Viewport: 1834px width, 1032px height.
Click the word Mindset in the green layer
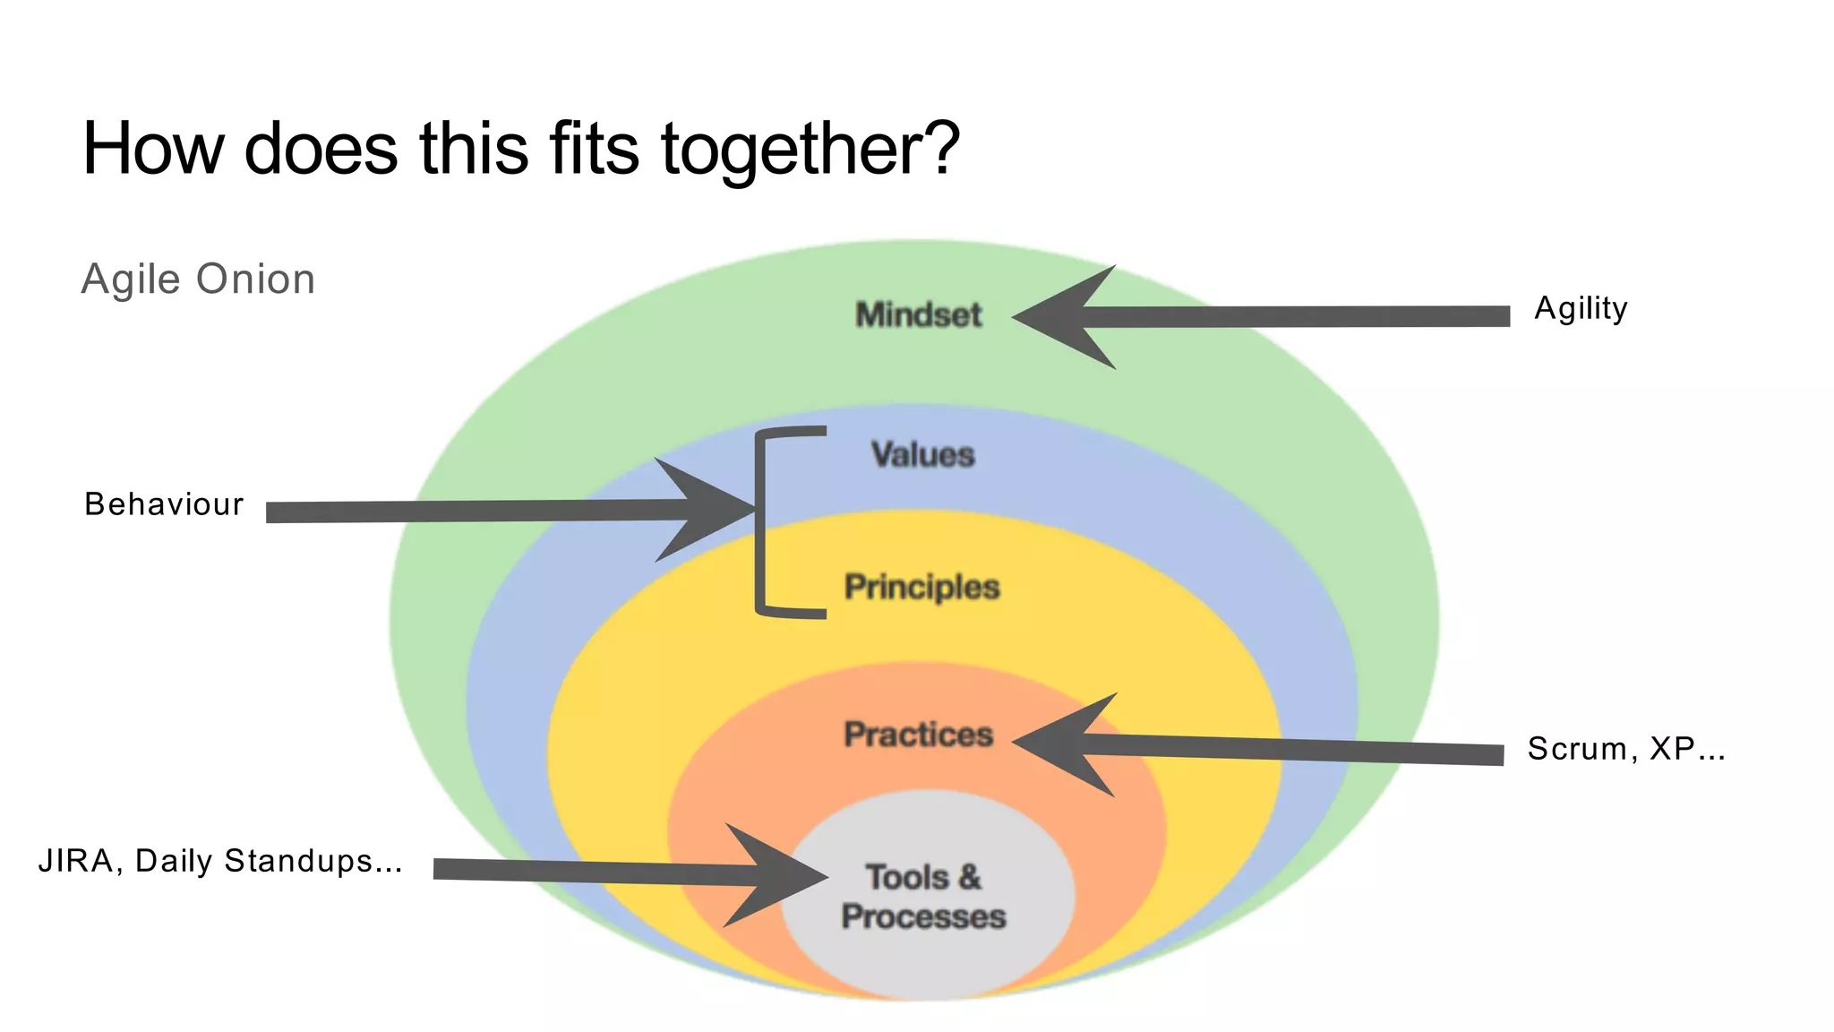coord(919,315)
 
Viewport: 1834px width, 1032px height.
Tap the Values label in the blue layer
coord(922,455)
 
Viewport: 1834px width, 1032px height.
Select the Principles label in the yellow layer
coord(921,588)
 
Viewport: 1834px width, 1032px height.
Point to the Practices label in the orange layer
coord(919,735)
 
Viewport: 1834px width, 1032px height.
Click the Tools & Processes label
coord(923,897)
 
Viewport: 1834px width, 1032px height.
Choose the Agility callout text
coord(1581,309)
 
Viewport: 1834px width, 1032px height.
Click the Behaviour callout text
coord(164,504)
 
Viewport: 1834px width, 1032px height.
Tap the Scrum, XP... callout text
coord(1625,749)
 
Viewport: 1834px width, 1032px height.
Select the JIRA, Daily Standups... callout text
coord(220,861)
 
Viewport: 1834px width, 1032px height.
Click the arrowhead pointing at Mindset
coord(1061,317)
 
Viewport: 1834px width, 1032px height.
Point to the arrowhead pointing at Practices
coord(1061,744)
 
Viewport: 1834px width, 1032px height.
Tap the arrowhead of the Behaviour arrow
coord(707,510)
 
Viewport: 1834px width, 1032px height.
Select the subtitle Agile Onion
coord(198,279)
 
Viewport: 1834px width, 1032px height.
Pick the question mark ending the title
coord(940,148)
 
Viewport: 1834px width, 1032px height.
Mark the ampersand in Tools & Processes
coord(969,877)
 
